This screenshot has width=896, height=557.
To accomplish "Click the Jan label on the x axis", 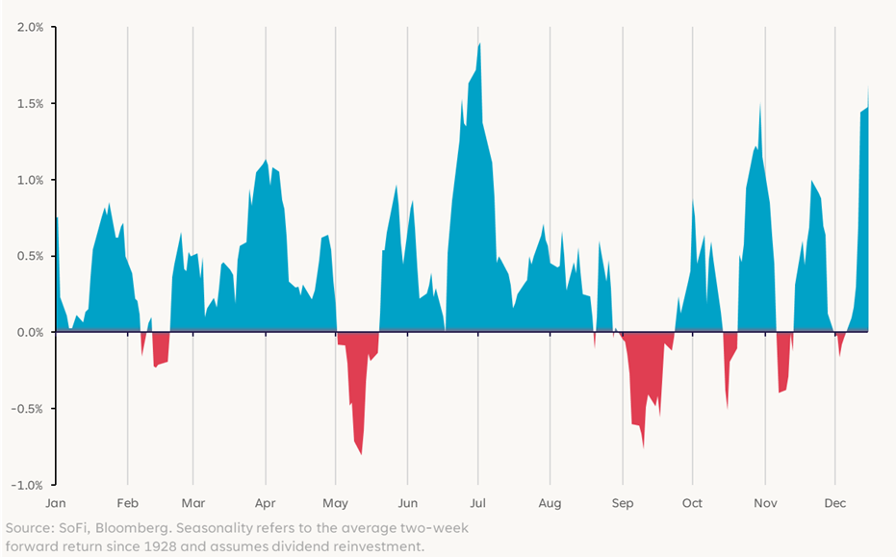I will pyautogui.click(x=55, y=503).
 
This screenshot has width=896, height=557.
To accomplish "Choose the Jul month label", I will pyautogui.click(x=478, y=503).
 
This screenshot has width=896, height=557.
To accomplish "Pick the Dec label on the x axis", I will pyautogui.click(x=835, y=503).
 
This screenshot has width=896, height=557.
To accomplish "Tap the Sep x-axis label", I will pyautogui.click(x=622, y=503).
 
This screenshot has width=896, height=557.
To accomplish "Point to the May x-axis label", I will pyautogui.click(x=336, y=503).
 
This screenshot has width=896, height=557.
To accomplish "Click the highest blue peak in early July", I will pyautogui.click(x=479, y=44).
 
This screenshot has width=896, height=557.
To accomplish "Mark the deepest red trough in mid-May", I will pyautogui.click(x=361, y=453).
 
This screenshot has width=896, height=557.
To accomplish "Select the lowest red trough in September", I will pyautogui.click(x=643, y=446).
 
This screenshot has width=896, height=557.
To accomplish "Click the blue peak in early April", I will pyautogui.click(x=266, y=161).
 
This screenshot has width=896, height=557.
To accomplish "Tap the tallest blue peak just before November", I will pyautogui.click(x=759, y=104).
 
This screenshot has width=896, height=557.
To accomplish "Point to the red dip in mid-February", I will pyautogui.click(x=155, y=366).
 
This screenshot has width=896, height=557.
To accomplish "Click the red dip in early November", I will pyautogui.click(x=781, y=392).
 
